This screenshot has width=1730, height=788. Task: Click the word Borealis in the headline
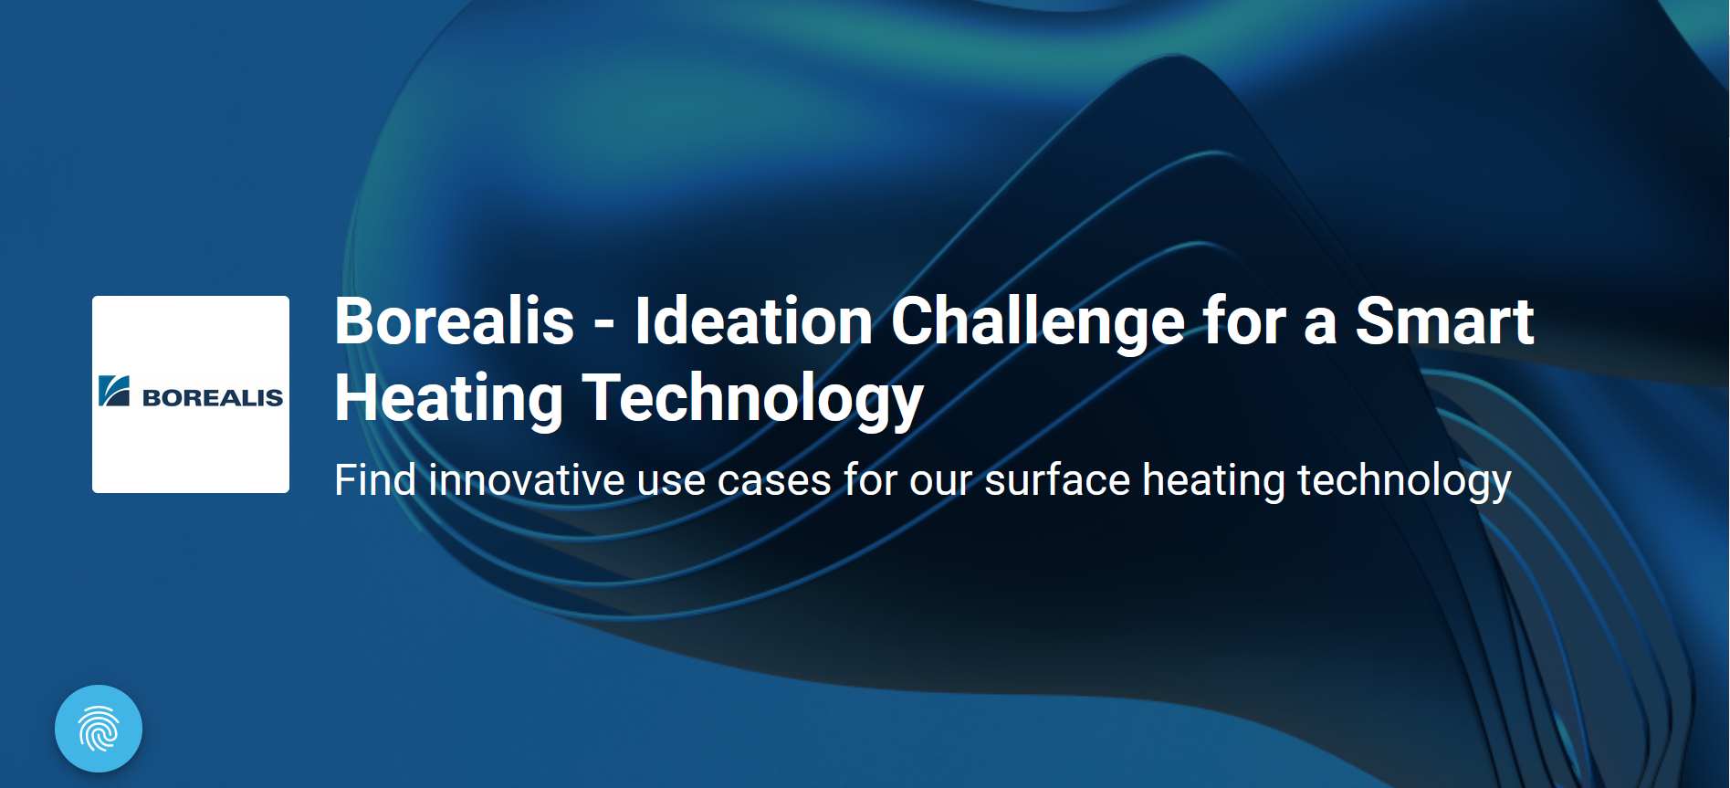[x=454, y=321]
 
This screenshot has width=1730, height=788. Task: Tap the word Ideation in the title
[x=754, y=321]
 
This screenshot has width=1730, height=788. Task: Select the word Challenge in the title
[x=1037, y=323]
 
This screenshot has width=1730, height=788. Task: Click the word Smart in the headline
[x=1444, y=321]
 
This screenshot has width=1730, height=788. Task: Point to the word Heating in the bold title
[x=448, y=399]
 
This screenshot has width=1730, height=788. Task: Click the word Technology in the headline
[x=753, y=399]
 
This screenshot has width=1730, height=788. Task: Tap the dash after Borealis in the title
[x=603, y=325]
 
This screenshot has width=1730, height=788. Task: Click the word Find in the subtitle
[x=375, y=480]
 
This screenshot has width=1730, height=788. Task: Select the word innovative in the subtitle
[x=527, y=480]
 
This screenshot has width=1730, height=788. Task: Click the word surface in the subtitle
[x=1057, y=480]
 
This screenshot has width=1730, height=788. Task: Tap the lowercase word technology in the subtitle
[x=1404, y=481]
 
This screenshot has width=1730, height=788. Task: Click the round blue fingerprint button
[x=99, y=729]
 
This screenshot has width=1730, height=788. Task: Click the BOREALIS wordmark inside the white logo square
[x=213, y=398]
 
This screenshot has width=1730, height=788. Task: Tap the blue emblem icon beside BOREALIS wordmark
[x=114, y=391]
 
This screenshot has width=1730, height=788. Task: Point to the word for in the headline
[x=1243, y=321]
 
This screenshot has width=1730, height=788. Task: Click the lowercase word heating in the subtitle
[x=1214, y=481]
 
